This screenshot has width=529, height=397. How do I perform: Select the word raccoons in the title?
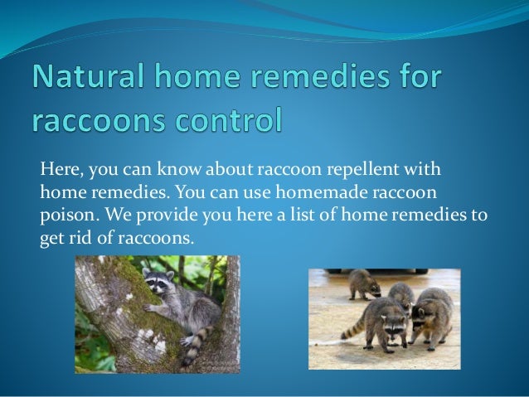click(x=113, y=121)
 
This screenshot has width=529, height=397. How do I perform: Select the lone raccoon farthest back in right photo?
click(x=363, y=283)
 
